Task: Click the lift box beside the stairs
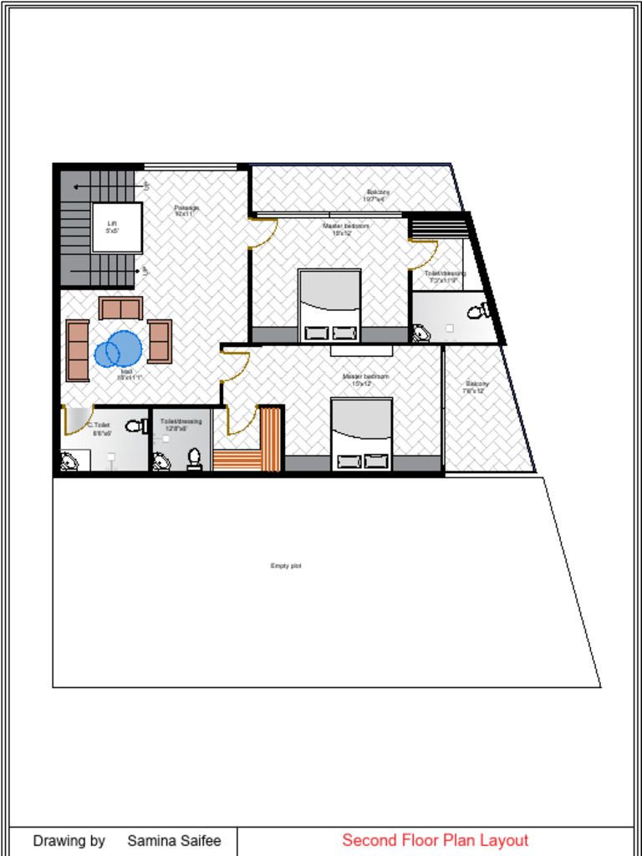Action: [116, 227]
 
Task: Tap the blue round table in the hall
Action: [117, 349]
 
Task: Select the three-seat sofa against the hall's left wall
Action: [78, 350]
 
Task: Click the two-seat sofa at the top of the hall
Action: [120, 308]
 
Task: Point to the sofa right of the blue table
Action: [160, 341]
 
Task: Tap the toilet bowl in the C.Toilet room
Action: [136, 426]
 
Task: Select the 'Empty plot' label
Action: [285, 566]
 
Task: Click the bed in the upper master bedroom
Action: [329, 306]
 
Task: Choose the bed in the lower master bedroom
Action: [361, 434]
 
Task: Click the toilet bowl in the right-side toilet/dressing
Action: [479, 312]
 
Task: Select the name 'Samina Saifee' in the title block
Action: [174, 841]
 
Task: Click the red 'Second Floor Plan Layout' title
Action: [435, 840]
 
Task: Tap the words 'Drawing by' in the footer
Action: [69, 841]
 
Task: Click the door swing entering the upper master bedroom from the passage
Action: [262, 232]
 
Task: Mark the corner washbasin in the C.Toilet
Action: [69, 461]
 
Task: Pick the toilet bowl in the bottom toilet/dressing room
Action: [194, 459]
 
